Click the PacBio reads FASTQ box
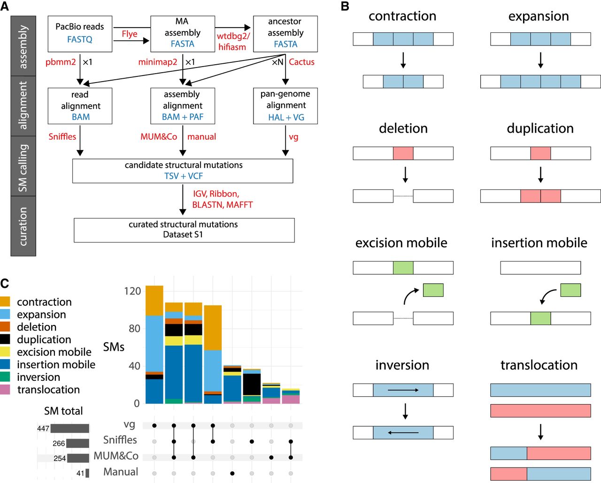80,33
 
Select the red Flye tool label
130,34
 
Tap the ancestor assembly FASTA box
285,33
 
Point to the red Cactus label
301,62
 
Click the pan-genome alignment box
285,106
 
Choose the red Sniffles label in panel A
62,136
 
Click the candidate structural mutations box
183,171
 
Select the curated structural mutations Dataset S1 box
184,230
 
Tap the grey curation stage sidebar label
23,226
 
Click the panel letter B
345,7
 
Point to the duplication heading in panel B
540,128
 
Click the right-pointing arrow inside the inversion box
403,390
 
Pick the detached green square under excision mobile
433,290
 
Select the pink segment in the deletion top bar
403,153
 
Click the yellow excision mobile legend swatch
5,352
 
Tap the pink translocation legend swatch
5,389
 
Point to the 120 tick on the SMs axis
132,291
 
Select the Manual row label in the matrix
121,472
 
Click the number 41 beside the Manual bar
80,473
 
